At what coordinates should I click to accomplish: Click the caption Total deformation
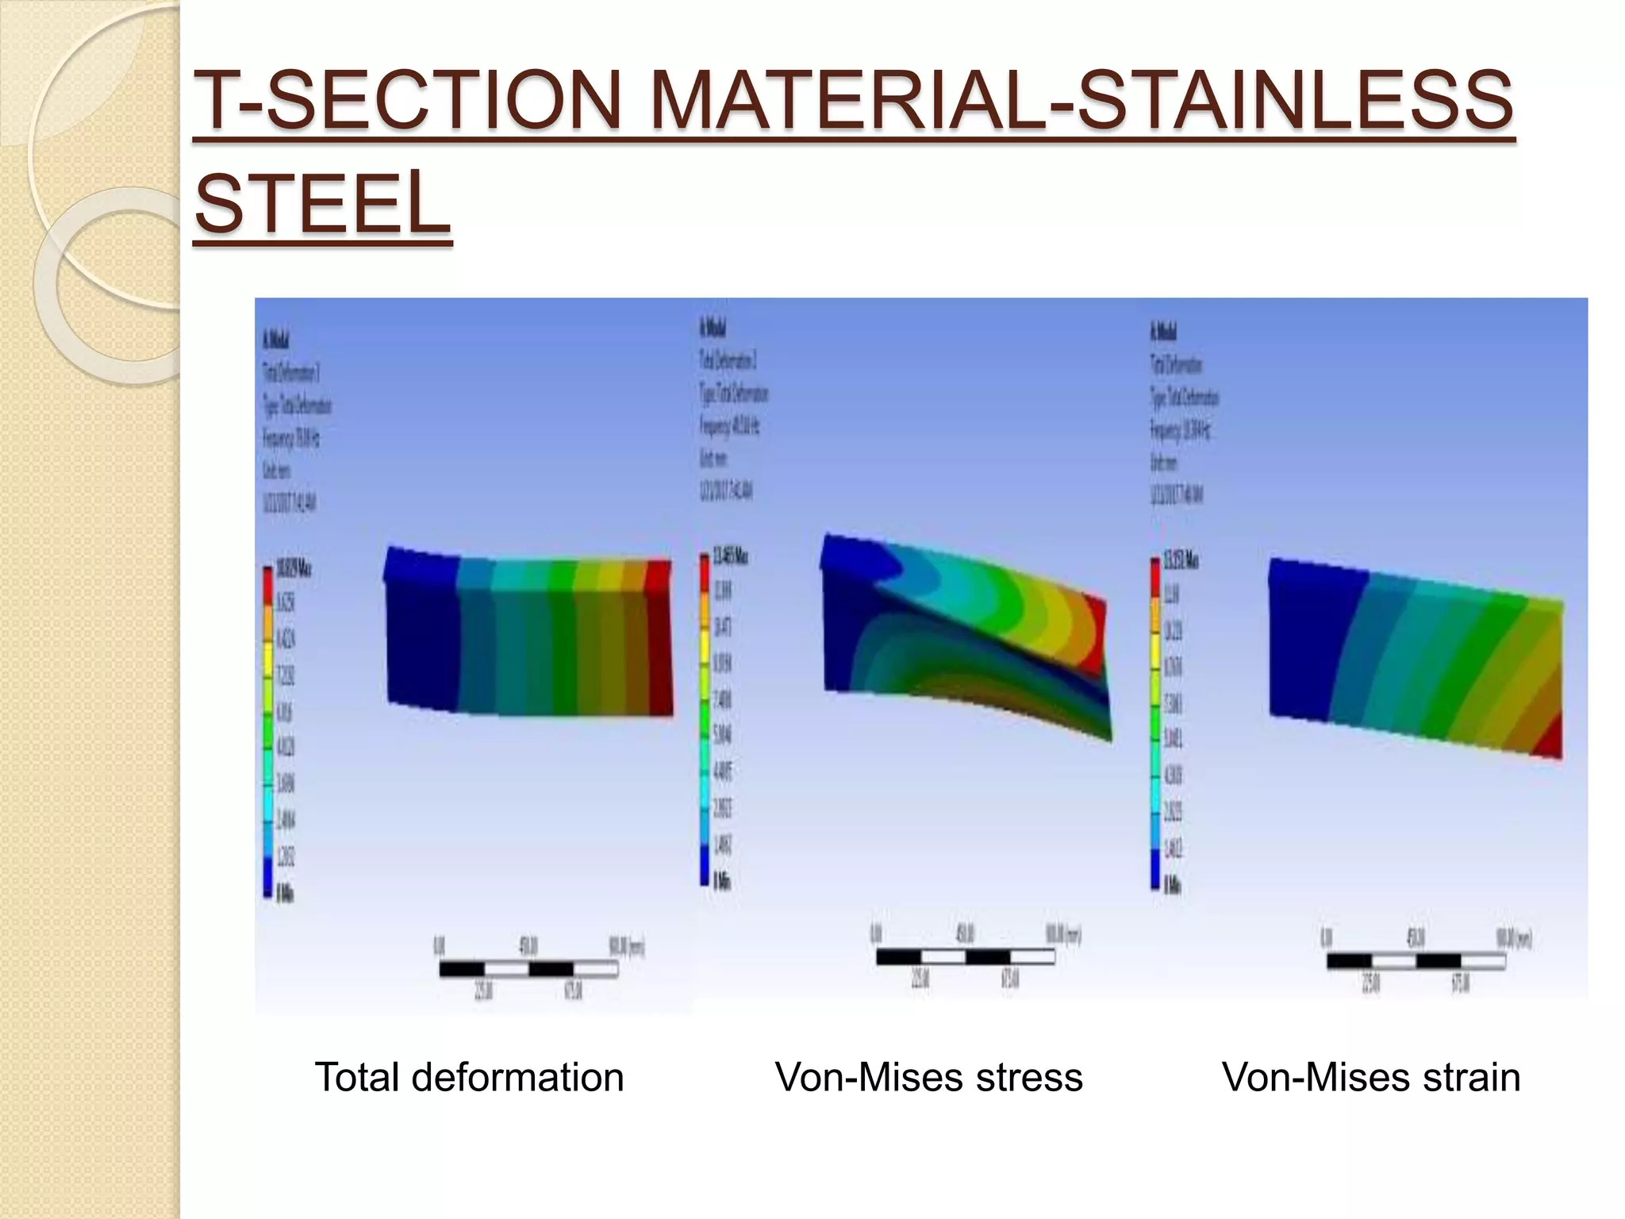pyautogui.click(x=469, y=1078)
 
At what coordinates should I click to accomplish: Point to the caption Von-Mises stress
pyautogui.click(x=928, y=1078)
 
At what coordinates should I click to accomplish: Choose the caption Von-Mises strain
pyautogui.click(x=1370, y=1078)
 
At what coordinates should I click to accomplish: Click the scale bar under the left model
pyautogui.click(x=528, y=969)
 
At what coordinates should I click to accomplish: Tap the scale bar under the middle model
pyautogui.click(x=965, y=957)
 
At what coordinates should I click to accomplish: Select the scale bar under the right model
pyautogui.click(x=1416, y=962)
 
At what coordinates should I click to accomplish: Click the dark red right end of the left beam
pyautogui.click(x=660, y=643)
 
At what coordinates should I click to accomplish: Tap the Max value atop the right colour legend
pyautogui.click(x=1181, y=561)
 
